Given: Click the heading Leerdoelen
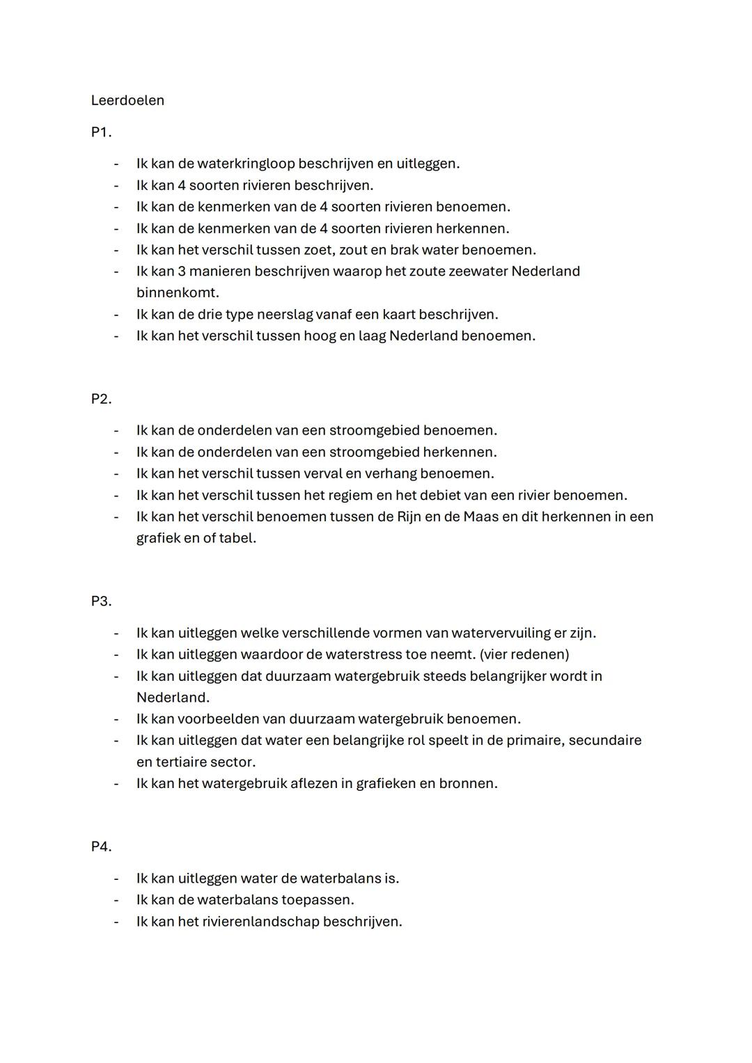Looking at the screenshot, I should pos(127,100).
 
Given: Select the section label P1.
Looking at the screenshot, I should pos(101,132).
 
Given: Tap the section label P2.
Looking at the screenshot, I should pos(101,399).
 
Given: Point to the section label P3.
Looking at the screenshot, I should pos(101,601).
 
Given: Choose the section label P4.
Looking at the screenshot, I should pos(101,847).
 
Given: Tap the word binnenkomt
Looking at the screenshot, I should pos(178,293).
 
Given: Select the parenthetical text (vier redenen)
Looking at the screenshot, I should pos(524,655).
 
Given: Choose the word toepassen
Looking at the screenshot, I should pos(318,900).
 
